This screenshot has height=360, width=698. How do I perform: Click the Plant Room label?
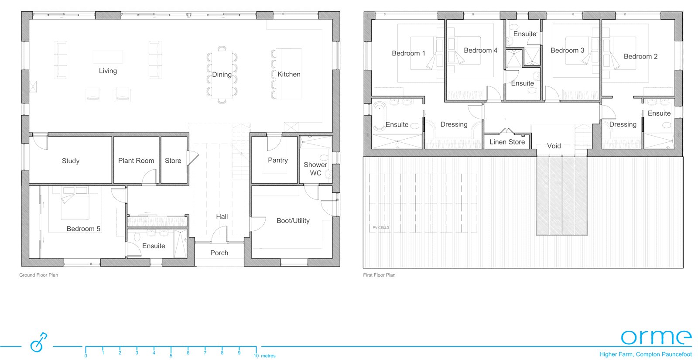pyautogui.click(x=136, y=161)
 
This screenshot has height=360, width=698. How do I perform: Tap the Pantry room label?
pyautogui.click(x=277, y=160)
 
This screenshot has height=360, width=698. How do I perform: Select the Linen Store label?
pyautogui.click(x=507, y=142)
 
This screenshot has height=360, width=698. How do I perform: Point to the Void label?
pyautogui.click(x=554, y=146)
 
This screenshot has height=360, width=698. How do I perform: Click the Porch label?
pyautogui.click(x=219, y=253)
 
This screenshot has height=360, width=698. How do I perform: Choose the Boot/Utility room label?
pyautogui.click(x=293, y=221)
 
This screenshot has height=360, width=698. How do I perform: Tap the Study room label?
pyautogui.click(x=70, y=161)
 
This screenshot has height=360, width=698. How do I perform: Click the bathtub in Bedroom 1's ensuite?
pyautogui.click(x=380, y=117)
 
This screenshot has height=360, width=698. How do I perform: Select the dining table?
pyautogui.click(x=222, y=75)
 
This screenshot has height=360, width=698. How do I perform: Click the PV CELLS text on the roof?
pyautogui.click(x=381, y=227)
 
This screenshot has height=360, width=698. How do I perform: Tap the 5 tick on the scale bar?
pyautogui.click(x=171, y=351)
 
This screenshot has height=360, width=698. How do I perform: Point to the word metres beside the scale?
pyautogui.click(x=268, y=356)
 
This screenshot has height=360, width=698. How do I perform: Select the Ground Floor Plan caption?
pyautogui.click(x=39, y=275)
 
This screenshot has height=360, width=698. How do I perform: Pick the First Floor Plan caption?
pyautogui.click(x=379, y=275)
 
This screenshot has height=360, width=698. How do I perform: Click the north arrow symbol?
pyautogui.click(x=38, y=342)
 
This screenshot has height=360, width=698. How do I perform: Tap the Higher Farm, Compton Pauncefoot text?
pyautogui.click(x=645, y=354)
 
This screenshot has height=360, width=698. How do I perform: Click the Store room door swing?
pyautogui.click(x=193, y=158)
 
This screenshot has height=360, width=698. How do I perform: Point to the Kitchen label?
pyautogui.click(x=289, y=74)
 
